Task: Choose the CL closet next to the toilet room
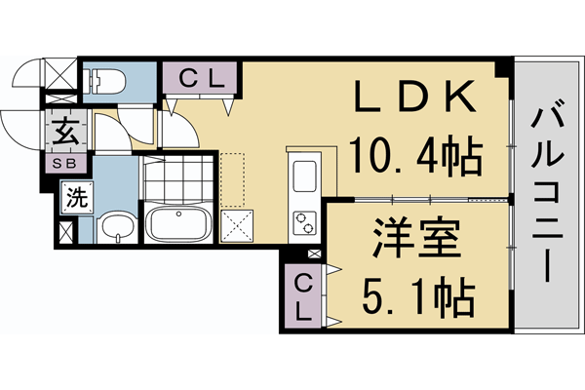(x=201, y=78)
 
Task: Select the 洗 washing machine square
(x=76, y=198)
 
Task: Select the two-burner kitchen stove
(x=304, y=220)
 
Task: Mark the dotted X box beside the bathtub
(x=237, y=225)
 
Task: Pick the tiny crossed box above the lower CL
(x=313, y=255)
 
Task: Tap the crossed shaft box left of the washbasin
(x=65, y=234)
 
